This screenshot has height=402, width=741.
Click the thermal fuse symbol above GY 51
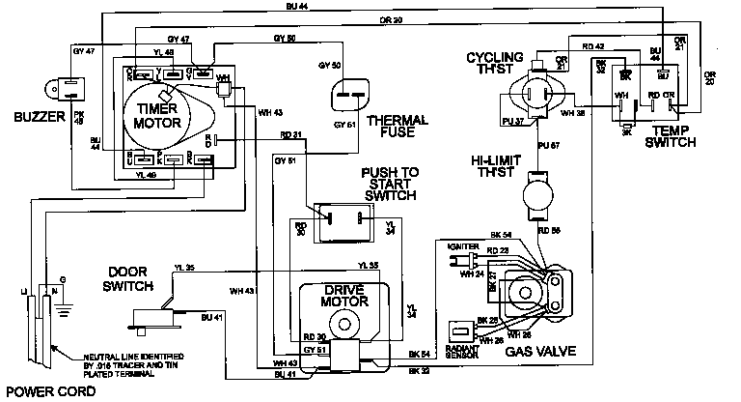tap(349, 95)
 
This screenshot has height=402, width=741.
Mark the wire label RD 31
tap(291, 134)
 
